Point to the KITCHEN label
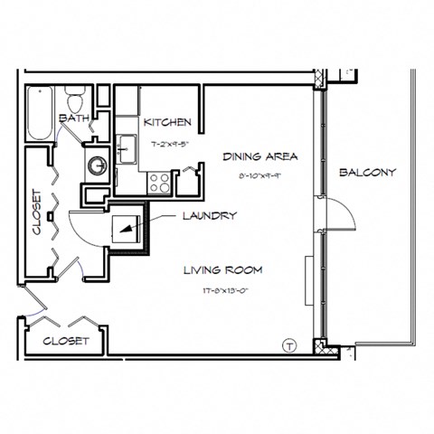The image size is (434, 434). (x=166, y=122)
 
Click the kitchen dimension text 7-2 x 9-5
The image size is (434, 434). (x=167, y=142)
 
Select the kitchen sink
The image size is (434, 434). (x=127, y=145)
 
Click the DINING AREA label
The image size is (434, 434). (x=260, y=156)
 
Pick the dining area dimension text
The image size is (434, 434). (x=260, y=176)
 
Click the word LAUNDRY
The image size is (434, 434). (x=210, y=216)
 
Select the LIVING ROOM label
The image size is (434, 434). (x=222, y=270)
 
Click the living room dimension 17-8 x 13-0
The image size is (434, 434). (x=222, y=290)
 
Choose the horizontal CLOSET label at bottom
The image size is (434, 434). (x=66, y=341)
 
